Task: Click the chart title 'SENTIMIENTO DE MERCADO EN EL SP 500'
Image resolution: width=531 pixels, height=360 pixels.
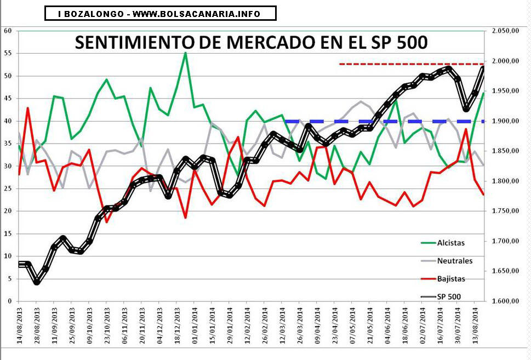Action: tap(250, 42)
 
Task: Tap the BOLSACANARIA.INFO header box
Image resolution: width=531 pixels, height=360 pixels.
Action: tap(160, 13)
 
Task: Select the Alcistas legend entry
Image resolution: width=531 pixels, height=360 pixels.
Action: tap(450, 242)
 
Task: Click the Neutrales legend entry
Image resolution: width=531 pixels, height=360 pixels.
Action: tap(454, 260)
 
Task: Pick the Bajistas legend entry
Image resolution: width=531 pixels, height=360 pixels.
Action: tap(452, 278)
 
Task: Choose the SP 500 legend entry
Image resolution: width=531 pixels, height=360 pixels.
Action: tap(449, 296)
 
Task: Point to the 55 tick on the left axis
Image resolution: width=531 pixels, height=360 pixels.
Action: tap(8, 53)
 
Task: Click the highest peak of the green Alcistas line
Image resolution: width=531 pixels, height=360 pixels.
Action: tap(186, 53)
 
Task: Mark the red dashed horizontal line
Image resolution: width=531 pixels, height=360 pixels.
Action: tap(411, 64)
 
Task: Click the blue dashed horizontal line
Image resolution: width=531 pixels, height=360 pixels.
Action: tap(384, 121)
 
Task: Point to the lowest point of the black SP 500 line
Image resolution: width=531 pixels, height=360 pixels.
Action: tap(37, 282)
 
